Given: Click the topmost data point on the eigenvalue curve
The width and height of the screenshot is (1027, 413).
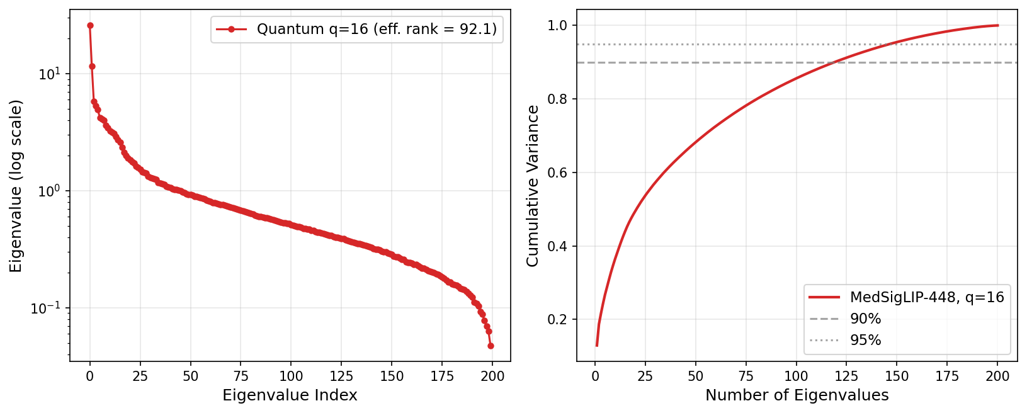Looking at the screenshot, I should coord(90,25).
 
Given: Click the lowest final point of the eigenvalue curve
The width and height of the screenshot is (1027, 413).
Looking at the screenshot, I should coord(491,346).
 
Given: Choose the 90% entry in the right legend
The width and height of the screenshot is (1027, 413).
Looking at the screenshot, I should coord(865,319).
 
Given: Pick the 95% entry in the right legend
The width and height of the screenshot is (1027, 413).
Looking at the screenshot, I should coord(865,341).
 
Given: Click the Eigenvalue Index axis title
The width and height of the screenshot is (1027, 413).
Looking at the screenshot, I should coord(290,395).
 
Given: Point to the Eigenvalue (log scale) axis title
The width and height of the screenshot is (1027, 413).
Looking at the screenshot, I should coord(16,186).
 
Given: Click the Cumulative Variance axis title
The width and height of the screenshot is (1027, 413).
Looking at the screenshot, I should coord(533,186).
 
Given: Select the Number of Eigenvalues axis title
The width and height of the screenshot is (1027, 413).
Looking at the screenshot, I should coord(797,395).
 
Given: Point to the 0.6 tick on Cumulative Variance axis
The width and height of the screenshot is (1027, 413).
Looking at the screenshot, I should coord(560,173).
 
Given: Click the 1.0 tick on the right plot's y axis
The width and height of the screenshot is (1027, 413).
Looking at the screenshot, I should coord(560,25).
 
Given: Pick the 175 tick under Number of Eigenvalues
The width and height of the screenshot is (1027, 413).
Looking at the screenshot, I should coord(947,376).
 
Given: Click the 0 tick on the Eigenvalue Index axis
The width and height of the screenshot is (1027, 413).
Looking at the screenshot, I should coord(90,376).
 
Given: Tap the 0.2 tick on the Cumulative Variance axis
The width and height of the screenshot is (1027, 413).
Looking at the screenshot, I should coord(560,320).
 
